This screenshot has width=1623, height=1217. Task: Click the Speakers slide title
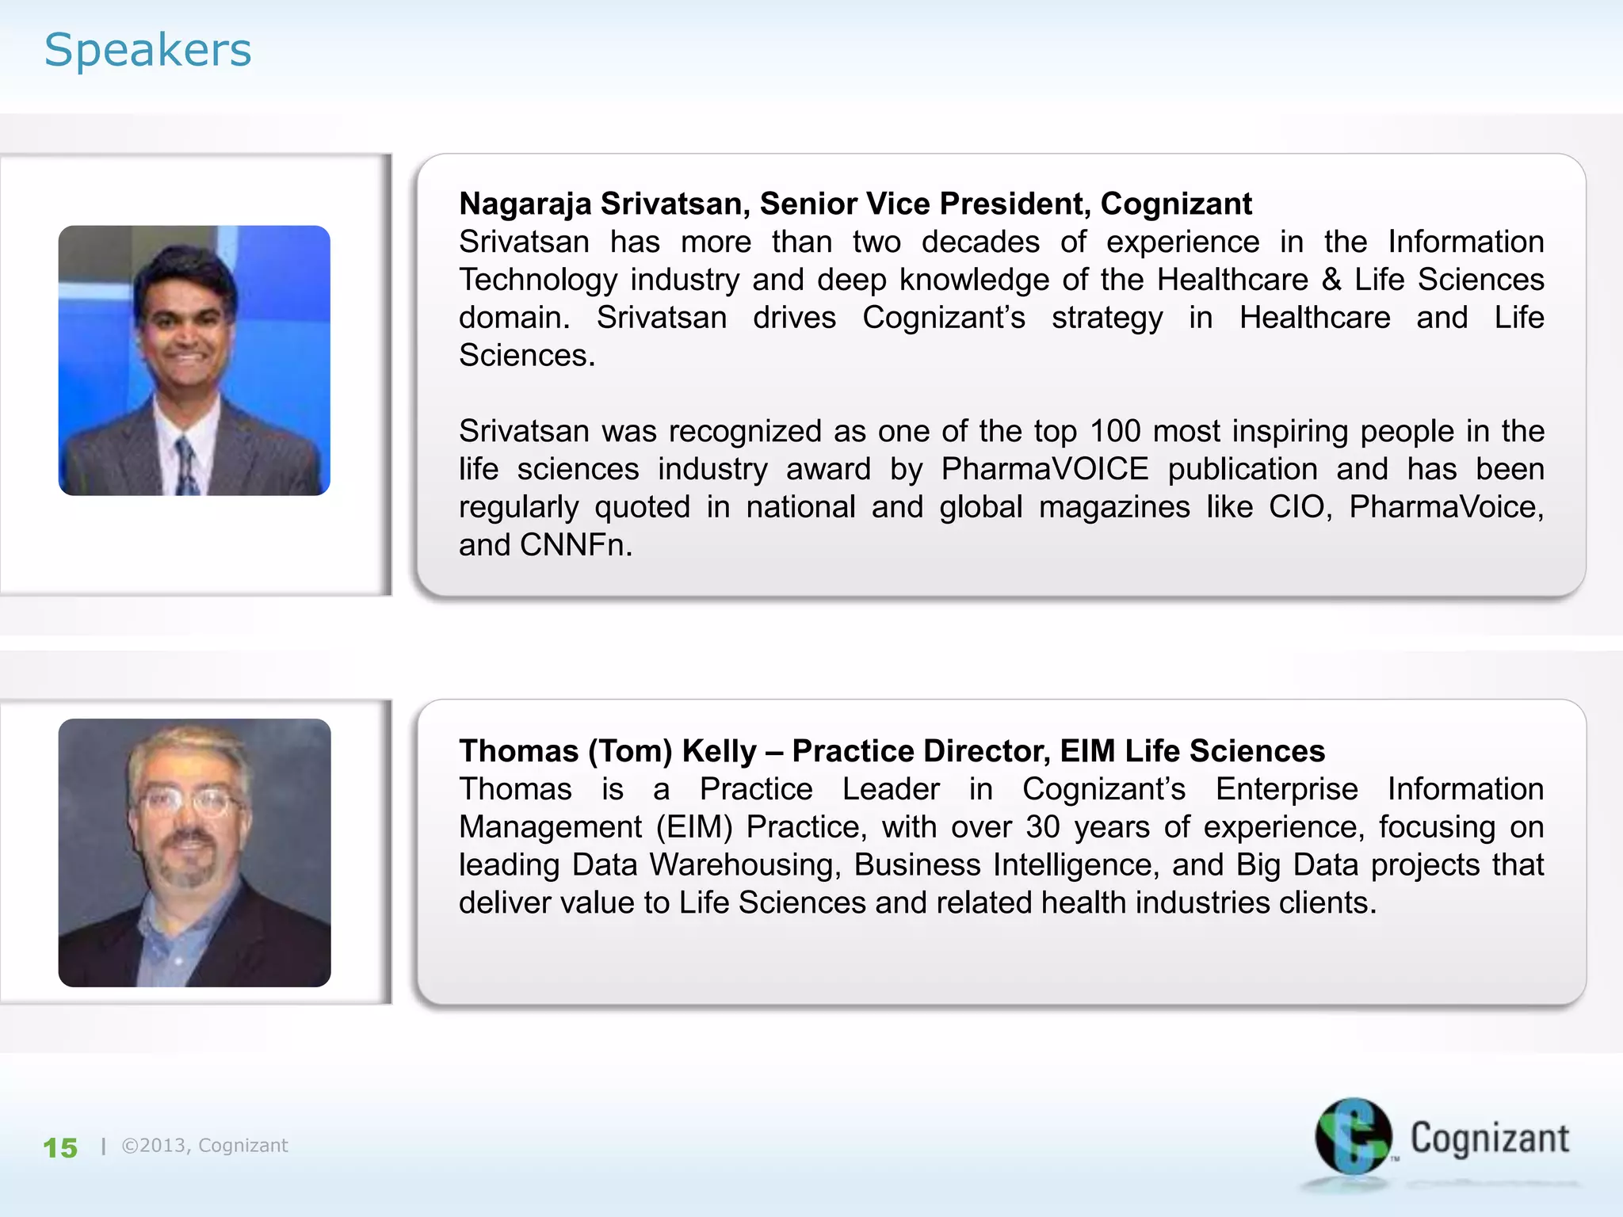147,50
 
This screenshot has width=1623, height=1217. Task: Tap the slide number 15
60,1148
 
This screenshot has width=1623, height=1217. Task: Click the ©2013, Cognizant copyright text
204,1146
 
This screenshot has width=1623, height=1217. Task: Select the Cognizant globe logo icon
1353,1136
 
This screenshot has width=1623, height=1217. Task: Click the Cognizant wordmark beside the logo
1489,1139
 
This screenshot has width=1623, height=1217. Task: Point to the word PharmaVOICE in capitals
1044,469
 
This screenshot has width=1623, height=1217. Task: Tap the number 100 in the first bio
1114,431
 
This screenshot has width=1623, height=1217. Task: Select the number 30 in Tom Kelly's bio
1042,827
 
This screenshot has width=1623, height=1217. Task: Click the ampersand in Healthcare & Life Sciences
1331,280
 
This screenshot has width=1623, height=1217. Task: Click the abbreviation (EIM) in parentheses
694,827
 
